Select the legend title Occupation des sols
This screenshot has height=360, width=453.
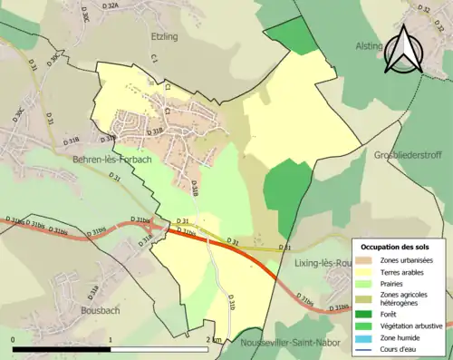(395, 248)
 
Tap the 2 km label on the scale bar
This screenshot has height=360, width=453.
(213, 340)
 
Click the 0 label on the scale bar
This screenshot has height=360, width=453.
(14, 340)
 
